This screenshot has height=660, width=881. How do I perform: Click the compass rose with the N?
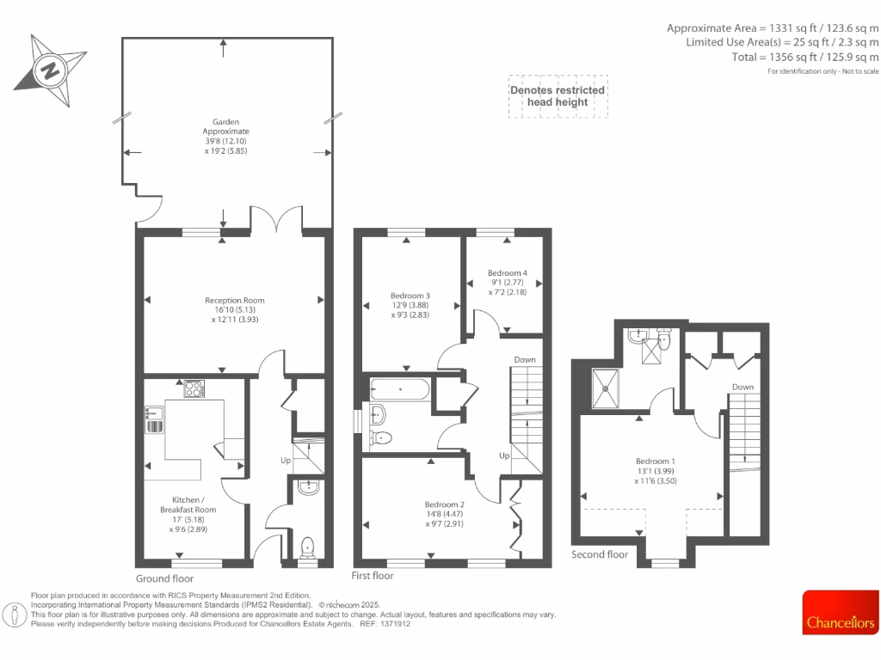pyautogui.click(x=50, y=70)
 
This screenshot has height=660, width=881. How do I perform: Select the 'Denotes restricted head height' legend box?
pyautogui.click(x=558, y=96)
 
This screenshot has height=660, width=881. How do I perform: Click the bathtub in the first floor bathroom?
pyautogui.click(x=401, y=389)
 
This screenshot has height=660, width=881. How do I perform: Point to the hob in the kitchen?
pyautogui.click(x=194, y=389)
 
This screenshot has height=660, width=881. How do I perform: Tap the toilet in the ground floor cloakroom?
pyautogui.click(x=307, y=546)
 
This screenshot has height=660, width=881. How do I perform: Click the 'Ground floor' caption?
pyautogui.click(x=164, y=578)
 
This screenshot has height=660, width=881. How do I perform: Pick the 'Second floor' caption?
pyautogui.click(x=600, y=554)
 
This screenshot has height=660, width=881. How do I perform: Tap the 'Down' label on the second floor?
pyautogui.click(x=742, y=387)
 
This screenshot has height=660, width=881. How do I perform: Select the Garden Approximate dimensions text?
pyautogui.click(x=226, y=137)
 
